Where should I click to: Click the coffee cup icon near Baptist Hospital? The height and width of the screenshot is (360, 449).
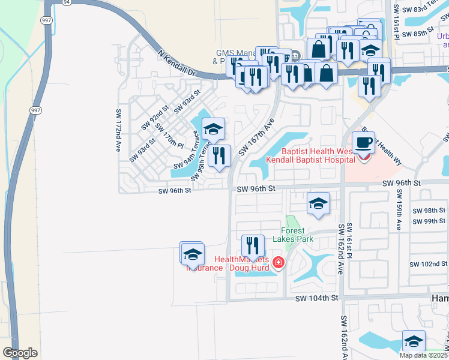[x=363, y=143]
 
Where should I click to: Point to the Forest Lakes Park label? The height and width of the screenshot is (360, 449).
[x=298, y=235]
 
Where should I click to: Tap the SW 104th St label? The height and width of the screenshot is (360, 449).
[x=317, y=298]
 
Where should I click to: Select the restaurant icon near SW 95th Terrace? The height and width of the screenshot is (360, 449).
[x=219, y=156]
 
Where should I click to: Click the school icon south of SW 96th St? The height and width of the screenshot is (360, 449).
[x=318, y=203]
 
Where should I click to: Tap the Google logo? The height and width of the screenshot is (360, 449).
[x=20, y=353]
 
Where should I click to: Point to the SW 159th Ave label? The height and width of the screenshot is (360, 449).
[x=398, y=210]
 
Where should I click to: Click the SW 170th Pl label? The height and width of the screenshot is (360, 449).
[x=169, y=136]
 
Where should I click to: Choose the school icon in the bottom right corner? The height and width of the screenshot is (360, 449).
[x=414, y=341]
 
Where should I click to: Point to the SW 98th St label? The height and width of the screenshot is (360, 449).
[x=430, y=211]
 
